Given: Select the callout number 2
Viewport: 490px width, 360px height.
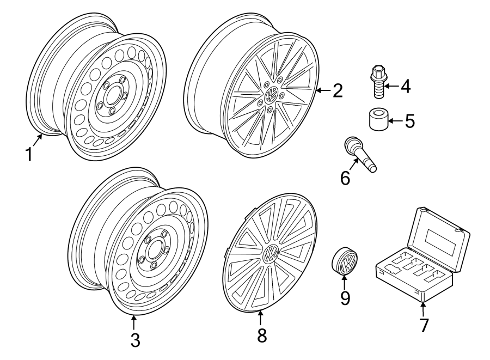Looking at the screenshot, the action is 338,90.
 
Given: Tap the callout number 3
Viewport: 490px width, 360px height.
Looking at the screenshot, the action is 135,341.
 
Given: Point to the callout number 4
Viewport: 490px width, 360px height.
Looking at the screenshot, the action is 406,86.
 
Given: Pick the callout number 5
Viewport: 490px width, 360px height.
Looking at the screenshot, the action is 409,120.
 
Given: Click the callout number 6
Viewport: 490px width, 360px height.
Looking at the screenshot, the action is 345,178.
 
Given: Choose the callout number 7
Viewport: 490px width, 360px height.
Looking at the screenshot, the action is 424,325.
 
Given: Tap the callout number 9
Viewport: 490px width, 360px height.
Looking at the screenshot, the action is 345,297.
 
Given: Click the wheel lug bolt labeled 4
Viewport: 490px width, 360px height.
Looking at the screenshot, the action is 378,81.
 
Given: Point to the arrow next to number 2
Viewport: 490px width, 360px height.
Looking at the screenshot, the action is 323,90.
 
